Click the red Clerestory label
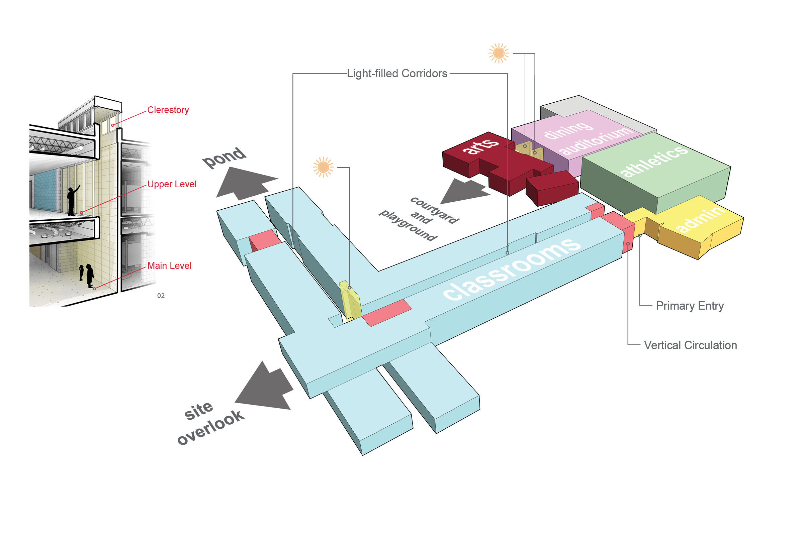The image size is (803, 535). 168,110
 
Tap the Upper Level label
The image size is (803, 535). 172,184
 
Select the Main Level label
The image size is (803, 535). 169,266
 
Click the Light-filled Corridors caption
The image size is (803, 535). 397,74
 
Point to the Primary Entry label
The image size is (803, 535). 690,306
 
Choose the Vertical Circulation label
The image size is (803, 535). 690,345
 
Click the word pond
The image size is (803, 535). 224,157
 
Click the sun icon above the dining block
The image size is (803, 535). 499,53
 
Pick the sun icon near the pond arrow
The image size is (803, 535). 323,167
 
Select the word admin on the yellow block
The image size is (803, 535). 700,218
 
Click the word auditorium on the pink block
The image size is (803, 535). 596,140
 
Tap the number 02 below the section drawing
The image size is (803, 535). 161,296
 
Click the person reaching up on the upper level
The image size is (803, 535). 72,201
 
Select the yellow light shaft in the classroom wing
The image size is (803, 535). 350,300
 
